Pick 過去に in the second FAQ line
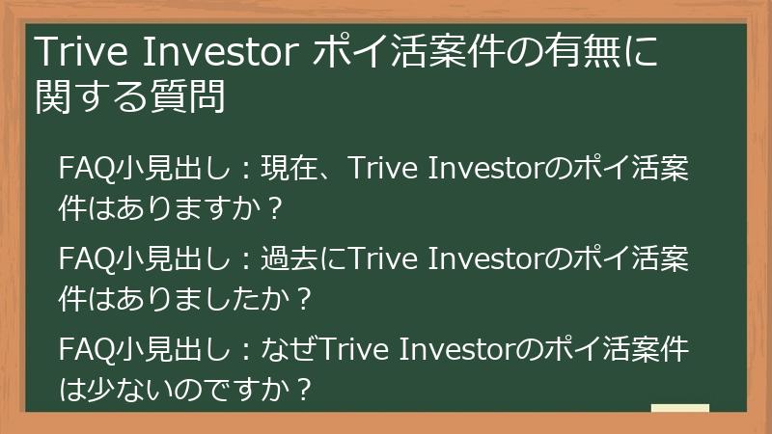[310, 260]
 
